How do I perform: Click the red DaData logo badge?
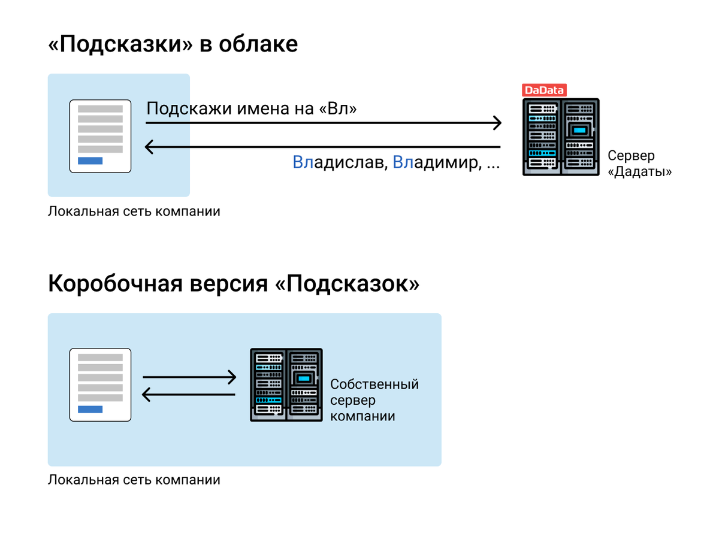tap(544, 90)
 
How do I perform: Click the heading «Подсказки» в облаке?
tap(173, 44)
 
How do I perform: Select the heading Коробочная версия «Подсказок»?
tap(234, 283)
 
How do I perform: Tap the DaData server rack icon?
tap(561, 137)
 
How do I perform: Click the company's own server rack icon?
tap(286, 384)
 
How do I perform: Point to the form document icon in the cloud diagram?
tap(100, 136)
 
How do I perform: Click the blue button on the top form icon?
tap(90, 161)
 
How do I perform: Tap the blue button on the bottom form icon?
tap(90, 410)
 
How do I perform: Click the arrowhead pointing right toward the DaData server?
tap(496, 123)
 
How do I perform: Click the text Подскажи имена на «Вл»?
tap(252, 109)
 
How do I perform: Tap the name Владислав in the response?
tap(340, 162)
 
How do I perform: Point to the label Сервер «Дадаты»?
tap(639, 163)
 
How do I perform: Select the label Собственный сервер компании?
tap(374, 399)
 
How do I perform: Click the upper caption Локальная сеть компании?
tap(134, 211)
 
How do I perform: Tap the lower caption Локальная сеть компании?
tap(134, 480)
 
